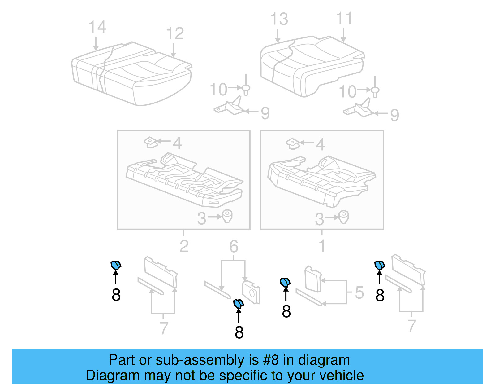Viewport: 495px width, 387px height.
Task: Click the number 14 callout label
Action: pos(97,27)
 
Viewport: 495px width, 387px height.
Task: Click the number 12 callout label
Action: pos(175,33)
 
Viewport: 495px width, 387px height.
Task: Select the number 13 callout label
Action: pos(279,19)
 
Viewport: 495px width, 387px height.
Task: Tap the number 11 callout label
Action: pos(344,19)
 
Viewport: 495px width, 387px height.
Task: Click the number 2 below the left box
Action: pos(184,246)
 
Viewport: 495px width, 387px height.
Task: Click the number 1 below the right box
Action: pos(322,246)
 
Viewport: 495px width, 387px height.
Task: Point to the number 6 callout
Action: pos(234,247)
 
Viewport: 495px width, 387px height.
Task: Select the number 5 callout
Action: pos(359,292)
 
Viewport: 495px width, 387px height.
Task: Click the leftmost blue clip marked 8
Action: pos(116,265)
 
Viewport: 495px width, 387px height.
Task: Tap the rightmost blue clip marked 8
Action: pos(379,265)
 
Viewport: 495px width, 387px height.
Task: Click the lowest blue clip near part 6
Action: pos(239,304)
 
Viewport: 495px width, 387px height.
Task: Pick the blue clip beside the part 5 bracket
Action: pos(285,282)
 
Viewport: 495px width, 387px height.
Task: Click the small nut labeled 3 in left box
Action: pos(227,216)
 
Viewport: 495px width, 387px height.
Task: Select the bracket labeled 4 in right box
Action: pos(293,143)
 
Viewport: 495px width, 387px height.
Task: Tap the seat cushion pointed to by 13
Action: pos(309,65)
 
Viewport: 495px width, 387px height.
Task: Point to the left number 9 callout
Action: pos(265,113)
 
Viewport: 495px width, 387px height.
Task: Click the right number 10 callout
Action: pos(348,92)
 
